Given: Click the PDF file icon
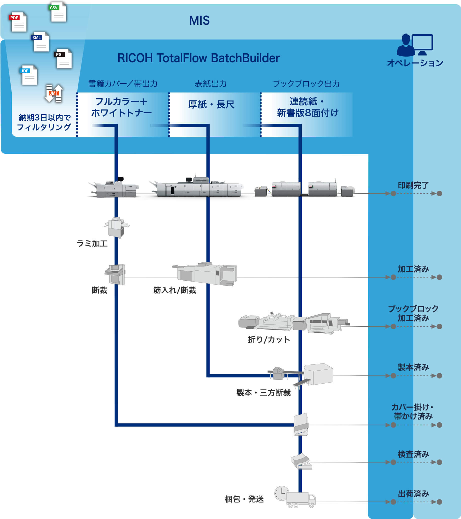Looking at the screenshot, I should pos(18,22).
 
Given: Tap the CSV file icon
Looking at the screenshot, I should pos(58,12).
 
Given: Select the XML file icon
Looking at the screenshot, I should pos(41,42).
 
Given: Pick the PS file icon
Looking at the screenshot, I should pos(63,59).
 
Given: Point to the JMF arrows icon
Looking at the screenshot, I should pos(54,93).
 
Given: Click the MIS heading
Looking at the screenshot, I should pos(199,20).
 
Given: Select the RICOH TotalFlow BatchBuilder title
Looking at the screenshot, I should pos(198,58).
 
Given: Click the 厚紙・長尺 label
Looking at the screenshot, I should pos(211,104).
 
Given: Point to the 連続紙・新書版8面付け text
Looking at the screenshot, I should pos(307,107).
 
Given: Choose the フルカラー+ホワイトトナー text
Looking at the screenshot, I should pos(121,107).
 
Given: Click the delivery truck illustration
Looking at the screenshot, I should pos(301,500).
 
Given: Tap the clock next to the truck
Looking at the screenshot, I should pos(281,493).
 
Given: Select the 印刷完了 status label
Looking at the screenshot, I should pos(413,185).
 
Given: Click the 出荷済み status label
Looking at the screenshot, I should pos(413,494).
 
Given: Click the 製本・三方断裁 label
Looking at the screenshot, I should pos(263,393).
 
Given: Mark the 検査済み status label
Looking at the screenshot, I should pos(413,454).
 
